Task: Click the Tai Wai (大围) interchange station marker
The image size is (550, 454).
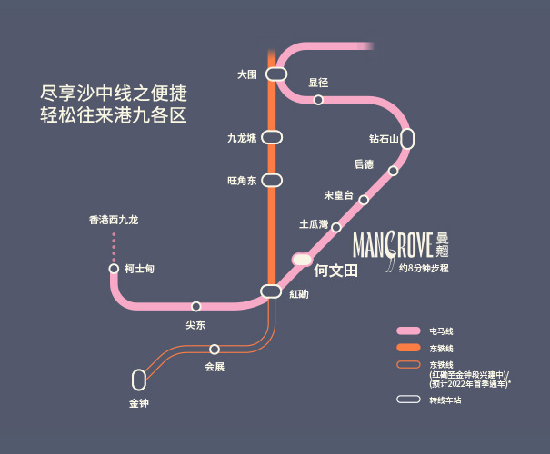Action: (276, 74)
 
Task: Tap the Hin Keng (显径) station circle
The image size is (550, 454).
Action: (318, 100)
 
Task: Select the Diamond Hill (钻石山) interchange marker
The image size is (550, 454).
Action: (407, 139)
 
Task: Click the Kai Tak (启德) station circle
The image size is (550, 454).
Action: (394, 171)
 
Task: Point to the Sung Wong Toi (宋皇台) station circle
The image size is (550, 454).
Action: (364, 200)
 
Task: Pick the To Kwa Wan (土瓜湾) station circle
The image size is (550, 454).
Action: (336, 227)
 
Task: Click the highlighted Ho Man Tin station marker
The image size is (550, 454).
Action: (302, 260)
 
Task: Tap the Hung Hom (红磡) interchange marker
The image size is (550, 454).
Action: (271, 291)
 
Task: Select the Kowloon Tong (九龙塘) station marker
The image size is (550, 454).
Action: (272, 137)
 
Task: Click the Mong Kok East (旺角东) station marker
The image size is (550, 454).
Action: (272, 180)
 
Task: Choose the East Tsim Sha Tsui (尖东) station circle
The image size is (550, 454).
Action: (195, 307)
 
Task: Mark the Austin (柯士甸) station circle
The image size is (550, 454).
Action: (114, 269)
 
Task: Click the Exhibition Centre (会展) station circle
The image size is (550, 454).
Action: (215, 350)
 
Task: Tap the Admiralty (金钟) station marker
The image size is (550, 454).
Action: (139, 380)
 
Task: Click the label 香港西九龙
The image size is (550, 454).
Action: (114, 220)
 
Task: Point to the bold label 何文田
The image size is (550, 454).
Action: (336, 271)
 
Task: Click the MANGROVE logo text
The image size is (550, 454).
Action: (392, 245)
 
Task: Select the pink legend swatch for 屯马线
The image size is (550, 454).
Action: (408, 331)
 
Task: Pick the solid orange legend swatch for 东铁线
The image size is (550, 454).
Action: (408, 348)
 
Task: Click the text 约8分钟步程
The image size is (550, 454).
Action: (424, 269)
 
